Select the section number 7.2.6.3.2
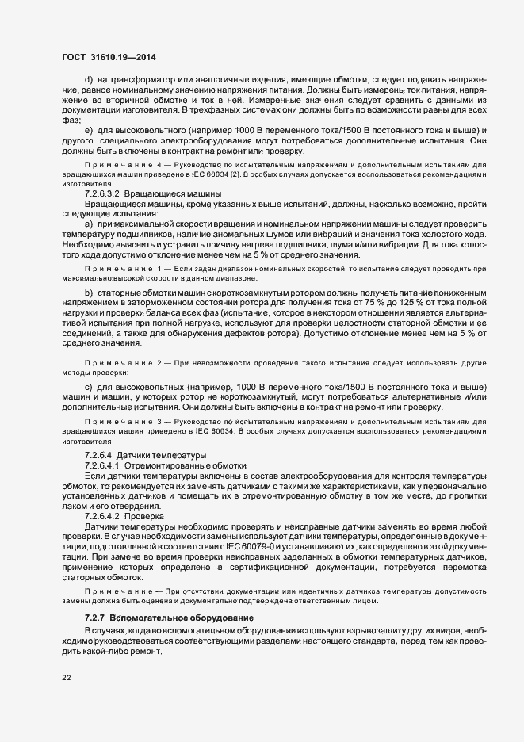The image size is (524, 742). coord(101,193)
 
